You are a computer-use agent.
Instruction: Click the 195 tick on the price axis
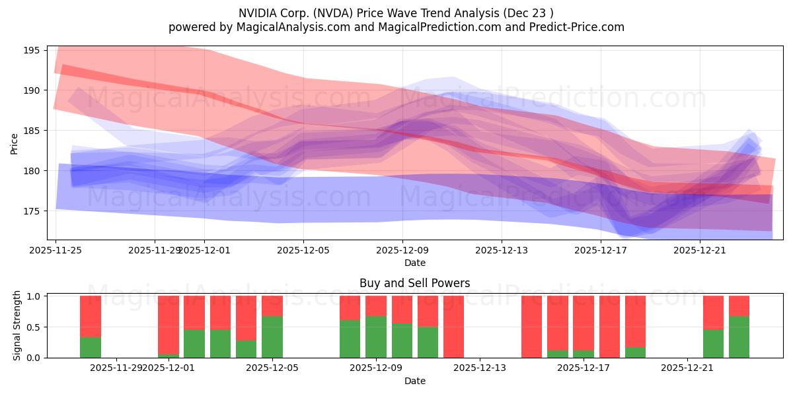tap(33, 50)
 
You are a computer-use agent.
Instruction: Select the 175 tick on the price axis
tap(33, 211)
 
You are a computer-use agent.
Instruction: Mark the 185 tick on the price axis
tap(33, 131)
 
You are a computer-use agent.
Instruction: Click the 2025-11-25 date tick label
tap(56, 250)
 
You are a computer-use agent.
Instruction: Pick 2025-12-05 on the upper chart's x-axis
tap(303, 250)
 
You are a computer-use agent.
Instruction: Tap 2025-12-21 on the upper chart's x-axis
tap(700, 250)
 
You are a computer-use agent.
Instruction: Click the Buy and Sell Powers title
tap(414, 283)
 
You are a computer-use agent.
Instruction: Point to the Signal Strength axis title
tap(17, 325)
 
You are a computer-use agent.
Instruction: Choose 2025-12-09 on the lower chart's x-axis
tap(376, 368)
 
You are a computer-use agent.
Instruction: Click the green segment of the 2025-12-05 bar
tap(272, 337)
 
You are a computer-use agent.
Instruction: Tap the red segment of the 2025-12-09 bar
tap(376, 306)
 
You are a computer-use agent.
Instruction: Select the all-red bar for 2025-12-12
tap(453, 327)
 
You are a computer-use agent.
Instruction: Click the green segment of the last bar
tap(739, 337)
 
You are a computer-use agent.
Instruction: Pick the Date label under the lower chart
tap(414, 381)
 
